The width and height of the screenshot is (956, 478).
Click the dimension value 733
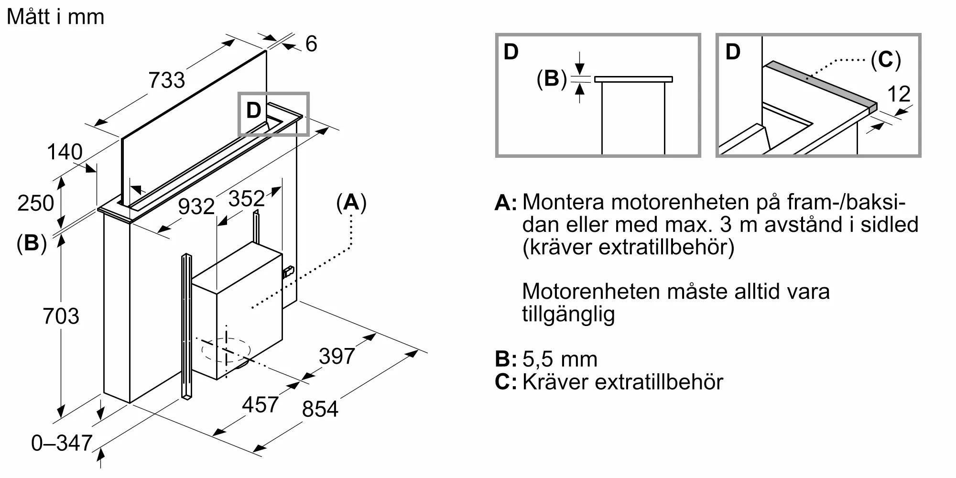pyautogui.click(x=166, y=80)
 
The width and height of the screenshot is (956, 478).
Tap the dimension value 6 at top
pyautogui.click(x=311, y=44)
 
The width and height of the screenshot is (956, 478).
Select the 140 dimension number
pyautogui.click(x=65, y=152)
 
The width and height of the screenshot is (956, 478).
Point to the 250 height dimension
pyautogui.click(x=35, y=203)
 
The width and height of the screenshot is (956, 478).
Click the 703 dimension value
pyautogui.click(x=61, y=316)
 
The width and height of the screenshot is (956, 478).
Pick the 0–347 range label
pyautogui.click(x=62, y=443)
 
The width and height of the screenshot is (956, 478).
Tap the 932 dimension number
pyautogui.click(x=196, y=206)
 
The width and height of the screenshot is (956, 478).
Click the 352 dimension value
pyautogui.click(x=246, y=198)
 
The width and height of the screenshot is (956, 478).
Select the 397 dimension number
pyautogui.click(x=337, y=356)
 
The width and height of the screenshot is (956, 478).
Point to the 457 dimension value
pyautogui.click(x=260, y=405)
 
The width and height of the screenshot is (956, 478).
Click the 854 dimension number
pyautogui.click(x=320, y=409)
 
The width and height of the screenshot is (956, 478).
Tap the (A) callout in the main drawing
pyautogui.click(x=351, y=203)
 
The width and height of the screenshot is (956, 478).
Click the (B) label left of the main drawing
pyautogui.click(x=32, y=243)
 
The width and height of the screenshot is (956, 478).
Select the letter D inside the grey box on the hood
pyautogui.click(x=253, y=110)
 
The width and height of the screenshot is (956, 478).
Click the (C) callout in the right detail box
pyautogui.click(x=885, y=60)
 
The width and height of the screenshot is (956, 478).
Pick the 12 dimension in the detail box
pyautogui.click(x=899, y=94)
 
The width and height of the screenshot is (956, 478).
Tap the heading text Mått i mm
pyautogui.click(x=55, y=17)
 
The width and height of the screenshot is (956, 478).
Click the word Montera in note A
pyautogui.click(x=562, y=202)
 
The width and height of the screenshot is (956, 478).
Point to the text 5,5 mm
pyautogui.click(x=560, y=359)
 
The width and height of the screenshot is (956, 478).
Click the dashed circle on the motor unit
pyautogui.click(x=226, y=350)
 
